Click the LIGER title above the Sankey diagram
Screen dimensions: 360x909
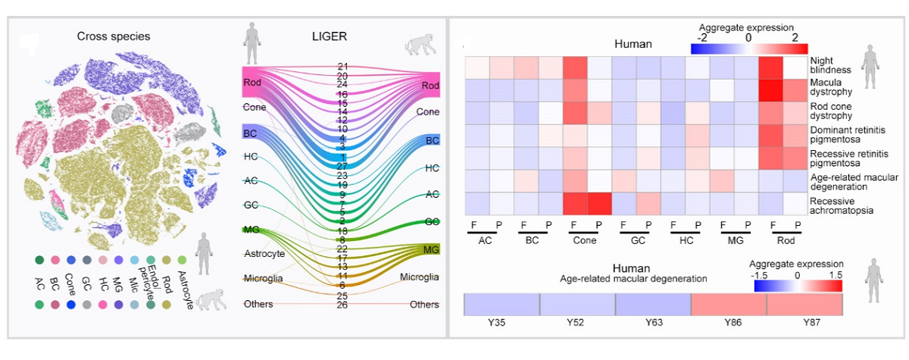[x=330, y=36]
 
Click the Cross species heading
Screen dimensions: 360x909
[x=114, y=36]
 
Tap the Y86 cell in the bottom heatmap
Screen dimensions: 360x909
[x=729, y=305]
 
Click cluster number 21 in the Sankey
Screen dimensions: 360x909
[x=342, y=67]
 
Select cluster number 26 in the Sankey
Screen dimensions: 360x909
[x=342, y=305]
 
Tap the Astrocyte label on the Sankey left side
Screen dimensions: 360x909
[x=264, y=253]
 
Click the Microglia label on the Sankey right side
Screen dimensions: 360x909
[x=419, y=277]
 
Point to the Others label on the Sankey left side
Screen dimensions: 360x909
[x=258, y=304]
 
